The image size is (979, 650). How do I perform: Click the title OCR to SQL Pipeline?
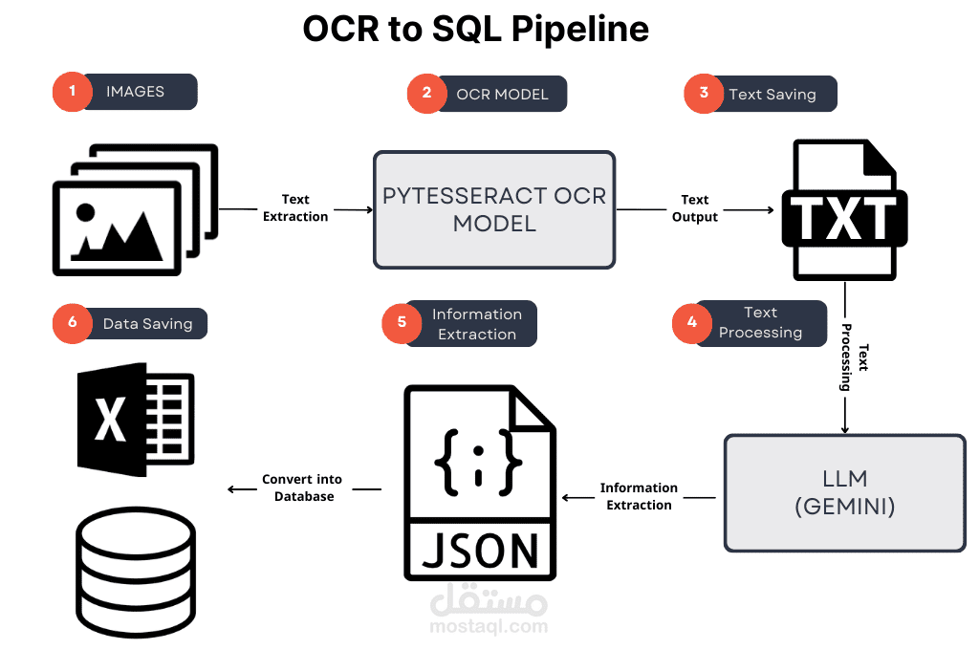(x=475, y=30)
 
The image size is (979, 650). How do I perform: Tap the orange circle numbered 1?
(x=71, y=93)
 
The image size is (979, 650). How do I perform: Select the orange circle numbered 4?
(x=691, y=323)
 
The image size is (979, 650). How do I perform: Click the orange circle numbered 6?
(x=72, y=324)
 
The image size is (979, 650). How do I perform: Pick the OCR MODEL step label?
(x=502, y=94)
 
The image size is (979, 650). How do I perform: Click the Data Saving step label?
(x=148, y=324)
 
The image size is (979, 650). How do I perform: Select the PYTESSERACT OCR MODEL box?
(x=494, y=209)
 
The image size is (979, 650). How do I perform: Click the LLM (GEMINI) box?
(x=844, y=493)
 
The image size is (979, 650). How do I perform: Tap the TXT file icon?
(x=841, y=210)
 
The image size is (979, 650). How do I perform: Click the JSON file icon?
(x=480, y=483)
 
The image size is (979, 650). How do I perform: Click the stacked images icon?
(x=134, y=210)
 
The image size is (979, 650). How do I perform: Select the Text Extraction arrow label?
(x=295, y=208)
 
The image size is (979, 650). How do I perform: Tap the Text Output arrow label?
(x=695, y=208)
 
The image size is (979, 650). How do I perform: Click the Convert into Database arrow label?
(x=303, y=487)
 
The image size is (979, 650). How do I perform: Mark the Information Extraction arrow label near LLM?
(x=639, y=496)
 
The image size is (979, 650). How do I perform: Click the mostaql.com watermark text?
(x=489, y=627)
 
